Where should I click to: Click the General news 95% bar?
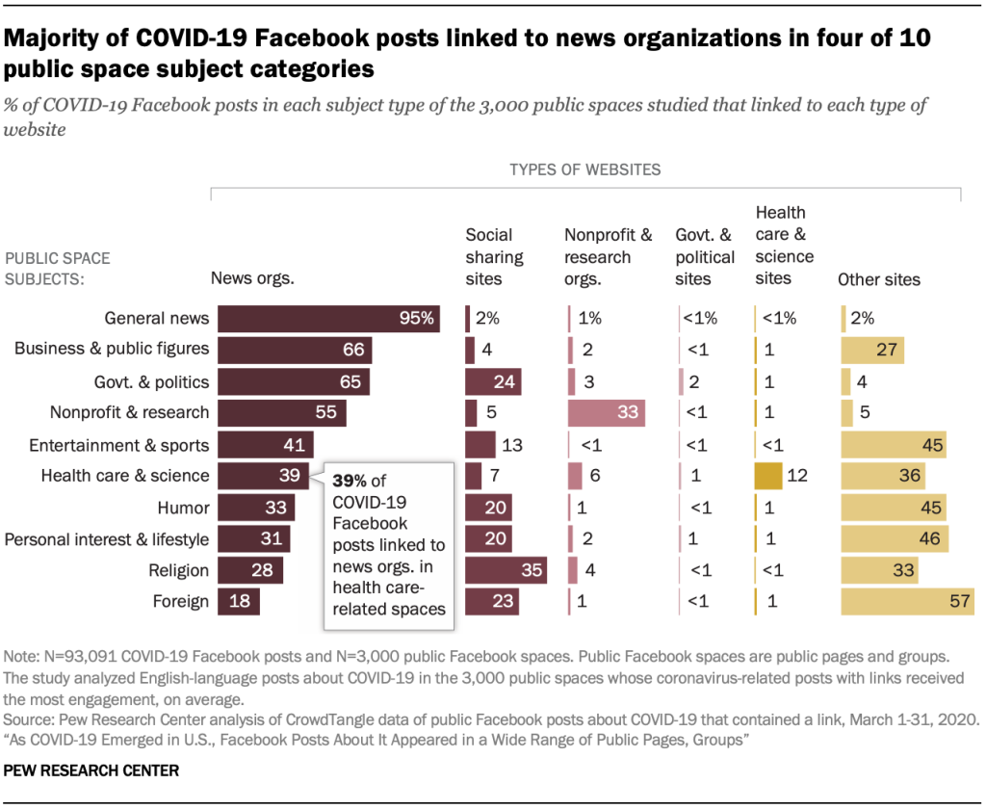click(x=328, y=319)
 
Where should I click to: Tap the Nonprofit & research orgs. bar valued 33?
click(x=607, y=413)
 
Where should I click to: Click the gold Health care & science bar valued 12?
click(x=768, y=476)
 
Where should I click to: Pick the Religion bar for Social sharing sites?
click(x=506, y=570)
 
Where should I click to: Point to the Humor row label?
click(x=183, y=508)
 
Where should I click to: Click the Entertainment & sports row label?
click(x=119, y=445)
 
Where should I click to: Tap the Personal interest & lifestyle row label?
click(x=107, y=538)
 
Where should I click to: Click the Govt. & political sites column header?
click(x=706, y=257)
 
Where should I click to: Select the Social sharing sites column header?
click(x=494, y=257)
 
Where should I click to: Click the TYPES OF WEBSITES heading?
click(x=584, y=170)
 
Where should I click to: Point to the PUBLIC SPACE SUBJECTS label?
click(x=58, y=269)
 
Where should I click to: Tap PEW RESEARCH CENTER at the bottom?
click(x=91, y=771)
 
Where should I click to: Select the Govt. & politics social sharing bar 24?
click(x=493, y=381)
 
